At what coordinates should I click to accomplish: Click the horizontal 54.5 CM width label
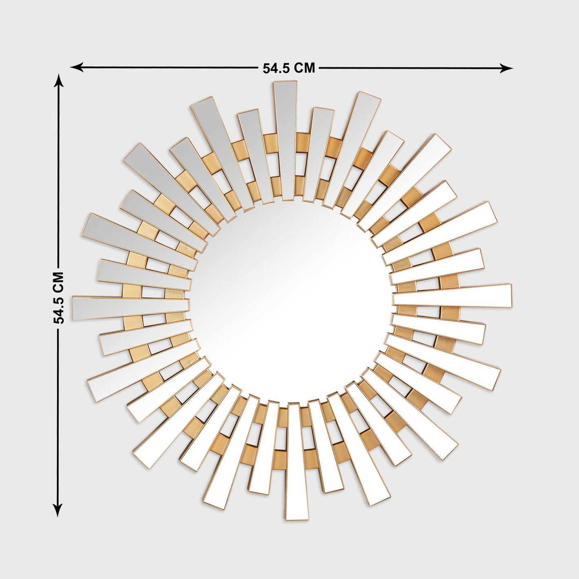pos(289,68)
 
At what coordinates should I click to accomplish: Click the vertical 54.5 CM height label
pos(58,298)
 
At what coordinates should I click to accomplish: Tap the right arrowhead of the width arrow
pos(506,68)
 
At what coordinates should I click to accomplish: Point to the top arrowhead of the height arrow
pos(58,82)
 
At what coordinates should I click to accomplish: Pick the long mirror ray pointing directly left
pos(131,308)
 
